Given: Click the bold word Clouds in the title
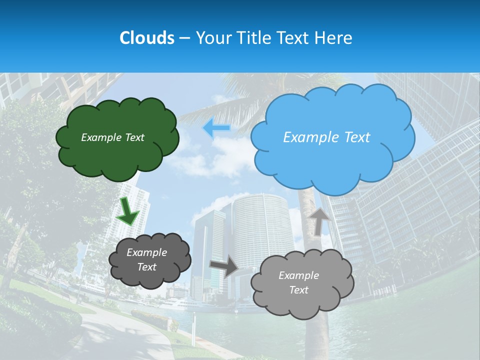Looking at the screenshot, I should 146,38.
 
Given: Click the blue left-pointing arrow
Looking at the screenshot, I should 216,128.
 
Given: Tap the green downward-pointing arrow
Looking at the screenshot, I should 127,211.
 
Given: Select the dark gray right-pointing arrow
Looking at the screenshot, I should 223,266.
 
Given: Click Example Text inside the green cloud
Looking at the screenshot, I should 112,137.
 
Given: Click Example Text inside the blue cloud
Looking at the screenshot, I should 326,137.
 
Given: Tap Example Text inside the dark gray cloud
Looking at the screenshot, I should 146,259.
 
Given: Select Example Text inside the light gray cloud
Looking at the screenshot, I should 298,282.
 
